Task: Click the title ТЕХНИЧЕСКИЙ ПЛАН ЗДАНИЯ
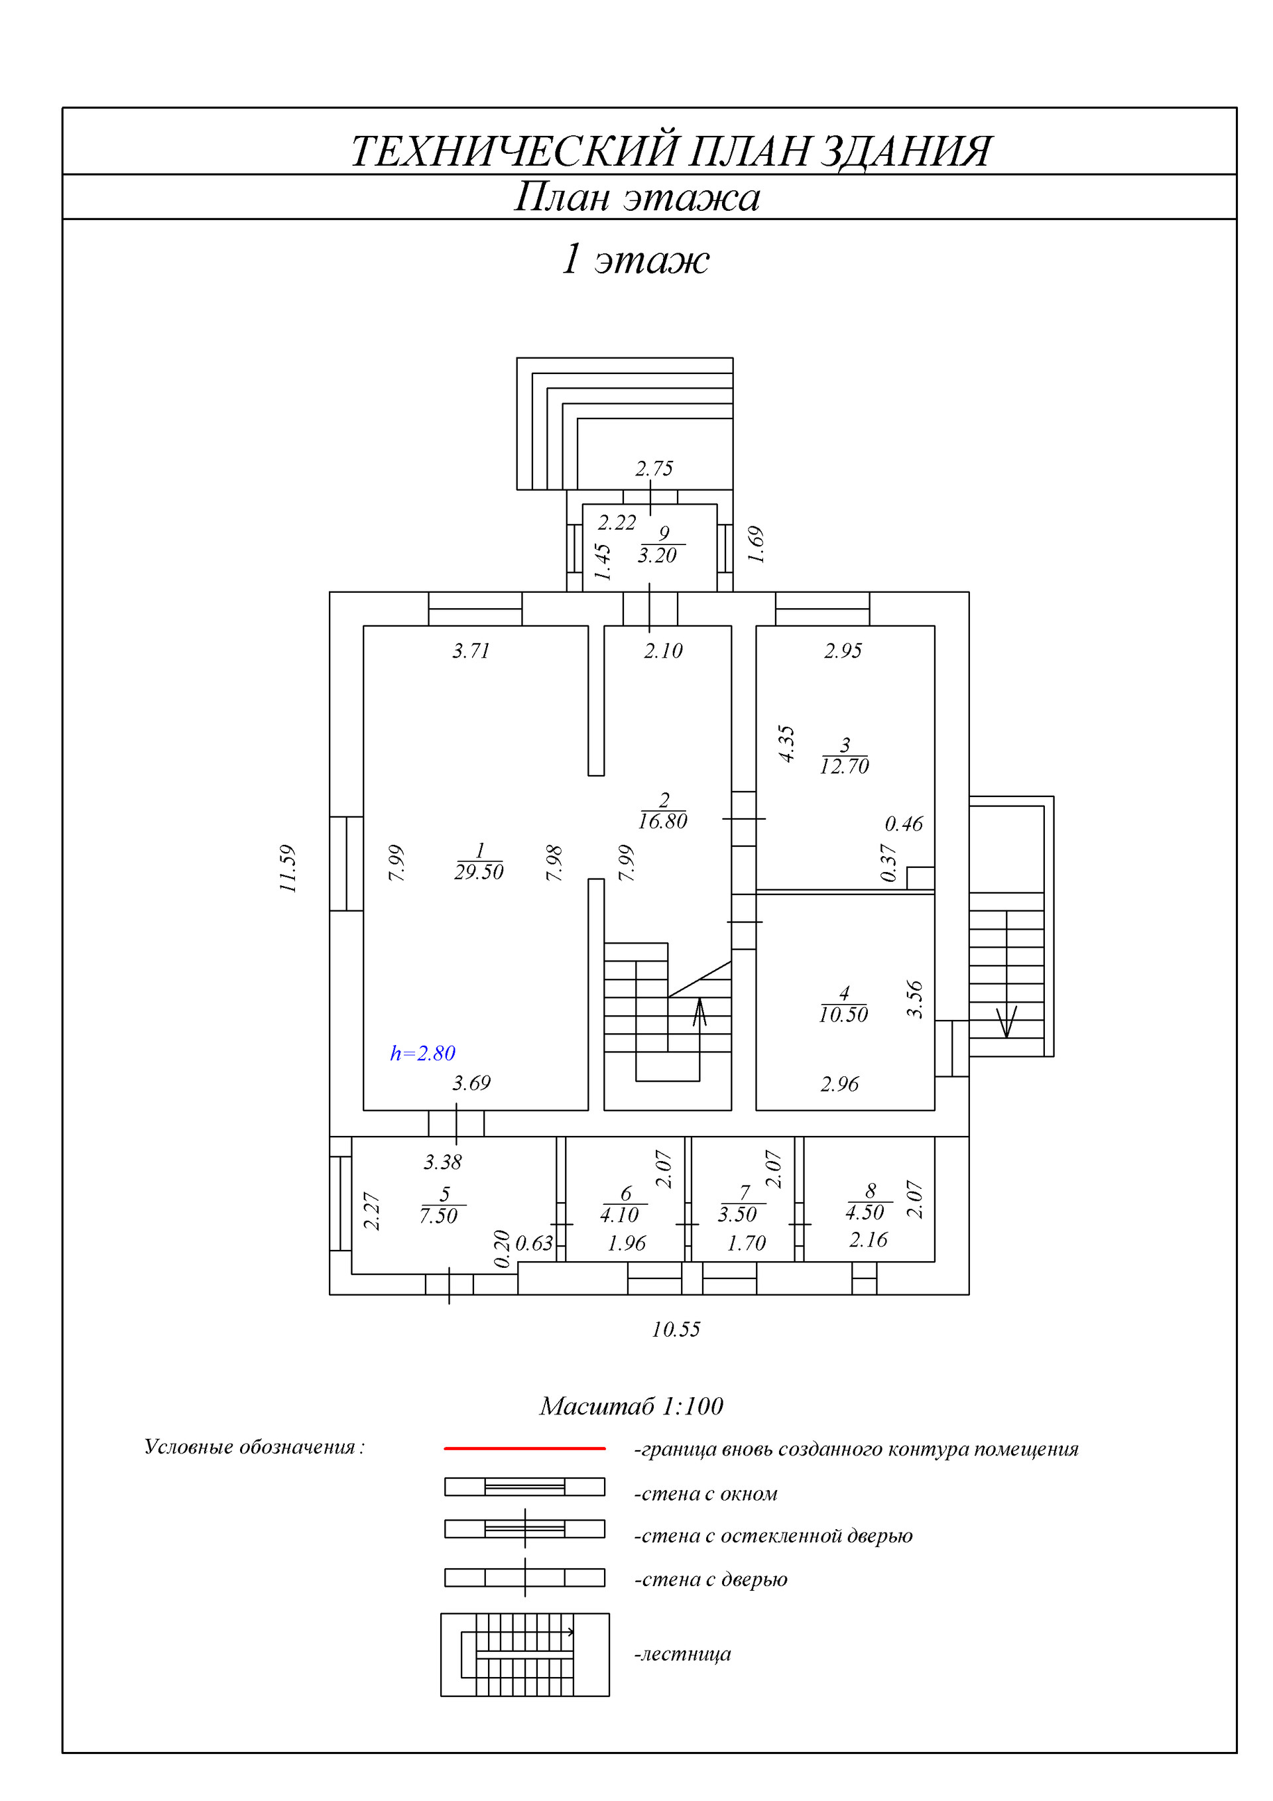(x=670, y=151)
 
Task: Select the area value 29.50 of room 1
(x=479, y=872)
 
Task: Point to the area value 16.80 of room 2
(x=663, y=822)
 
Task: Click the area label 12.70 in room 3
(x=844, y=767)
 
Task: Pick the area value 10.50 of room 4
(x=843, y=1015)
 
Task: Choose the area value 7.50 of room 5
(x=438, y=1216)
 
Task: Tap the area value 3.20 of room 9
(x=657, y=556)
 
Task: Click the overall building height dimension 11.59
(x=288, y=869)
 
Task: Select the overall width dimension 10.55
(x=676, y=1329)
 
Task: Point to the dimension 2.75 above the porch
(x=654, y=468)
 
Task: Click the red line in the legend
(x=524, y=1448)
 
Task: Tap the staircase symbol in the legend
(x=524, y=1654)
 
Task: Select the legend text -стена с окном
(x=706, y=1493)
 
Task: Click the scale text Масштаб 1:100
(x=631, y=1406)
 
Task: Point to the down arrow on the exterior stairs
(x=1006, y=1021)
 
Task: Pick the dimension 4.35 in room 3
(x=786, y=743)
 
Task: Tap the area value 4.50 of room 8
(x=865, y=1213)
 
